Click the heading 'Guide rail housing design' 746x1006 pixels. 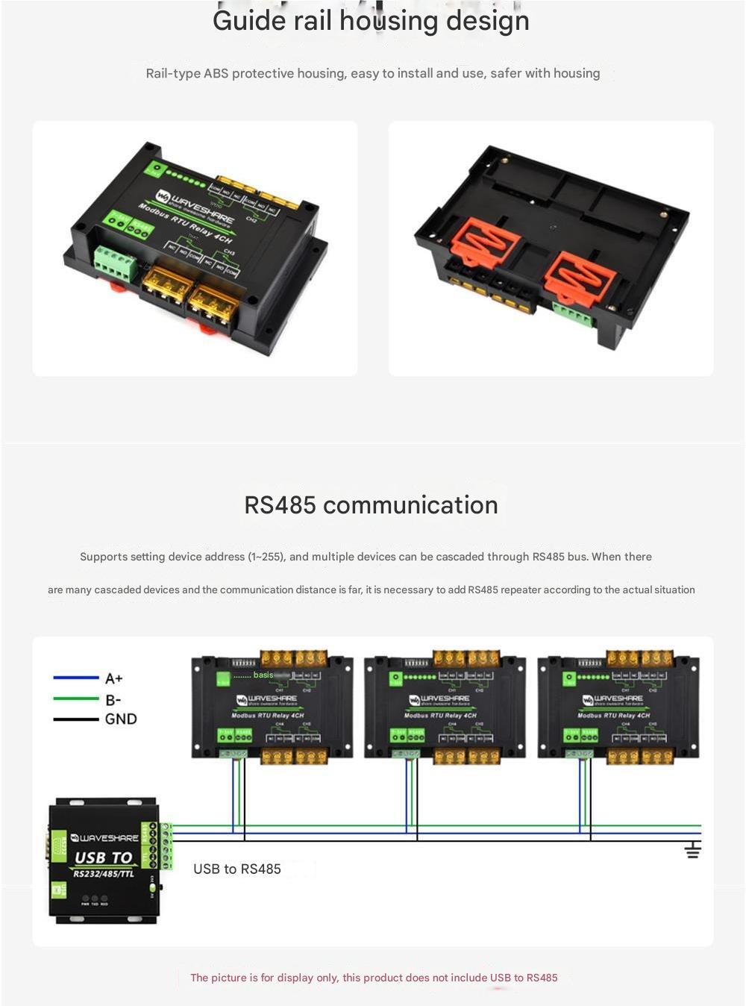pos(371,21)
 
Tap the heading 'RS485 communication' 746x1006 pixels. pos(371,505)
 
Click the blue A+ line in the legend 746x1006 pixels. pos(75,678)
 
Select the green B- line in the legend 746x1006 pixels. pos(75,699)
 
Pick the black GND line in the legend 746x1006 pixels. pos(75,719)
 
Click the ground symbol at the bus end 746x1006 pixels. pos(692,850)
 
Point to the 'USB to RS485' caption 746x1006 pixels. pos(237,869)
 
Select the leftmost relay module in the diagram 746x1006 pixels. pos(272,705)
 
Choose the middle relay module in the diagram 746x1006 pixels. pos(445,705)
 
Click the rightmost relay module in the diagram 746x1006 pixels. pos(618,705)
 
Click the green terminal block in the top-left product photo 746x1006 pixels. pos(114,263)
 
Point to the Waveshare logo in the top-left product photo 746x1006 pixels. pos(164,197)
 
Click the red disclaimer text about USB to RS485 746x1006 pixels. pos(374,978)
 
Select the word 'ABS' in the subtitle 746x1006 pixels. pos(216,73)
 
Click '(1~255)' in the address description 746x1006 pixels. pos(267,557)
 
